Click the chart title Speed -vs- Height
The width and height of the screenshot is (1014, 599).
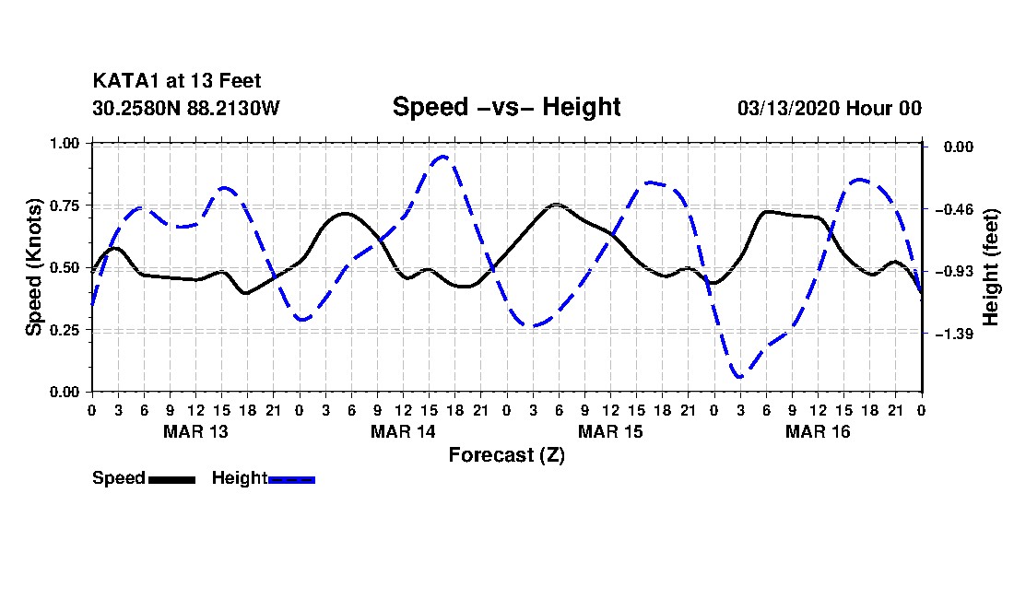pos(506,107)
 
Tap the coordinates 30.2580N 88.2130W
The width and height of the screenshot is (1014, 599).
pos(186,108)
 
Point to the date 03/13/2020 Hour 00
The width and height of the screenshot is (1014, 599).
pos(830,108)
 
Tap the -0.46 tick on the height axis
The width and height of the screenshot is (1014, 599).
pos(953,209)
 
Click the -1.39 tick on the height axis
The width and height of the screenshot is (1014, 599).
pos(953,334)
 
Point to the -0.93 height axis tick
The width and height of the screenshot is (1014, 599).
pos(953,272)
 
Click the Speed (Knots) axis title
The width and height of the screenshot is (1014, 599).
pos(34,266)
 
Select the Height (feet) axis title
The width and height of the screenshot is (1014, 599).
pos(992,267)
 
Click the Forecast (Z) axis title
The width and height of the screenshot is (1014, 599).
pos(506,454)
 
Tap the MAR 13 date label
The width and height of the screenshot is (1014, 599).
pos(195,431)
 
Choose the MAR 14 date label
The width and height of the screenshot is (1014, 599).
pos(403,431)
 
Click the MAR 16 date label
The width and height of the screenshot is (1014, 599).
pos(818,431)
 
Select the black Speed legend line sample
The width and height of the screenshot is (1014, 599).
pos(171,479)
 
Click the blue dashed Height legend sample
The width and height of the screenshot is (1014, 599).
pos(292,479)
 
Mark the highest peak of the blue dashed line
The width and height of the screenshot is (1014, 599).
pos(443,157)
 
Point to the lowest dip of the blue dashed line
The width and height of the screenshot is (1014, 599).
pos(739,377)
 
